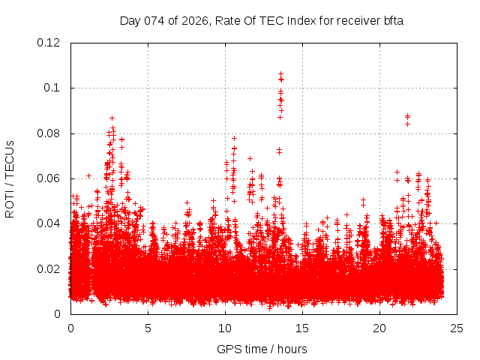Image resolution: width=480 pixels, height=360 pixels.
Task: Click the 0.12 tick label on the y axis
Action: point(49,43)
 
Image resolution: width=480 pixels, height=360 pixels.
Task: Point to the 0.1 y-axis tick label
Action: point(52,88)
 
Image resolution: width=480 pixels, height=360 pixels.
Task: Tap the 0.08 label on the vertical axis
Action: point(49,133)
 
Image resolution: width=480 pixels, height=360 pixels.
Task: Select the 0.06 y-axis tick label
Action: point(49,178)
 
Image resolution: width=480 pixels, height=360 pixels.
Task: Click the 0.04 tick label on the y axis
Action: point(49,223)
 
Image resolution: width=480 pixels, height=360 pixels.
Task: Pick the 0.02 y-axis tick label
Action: point(49,269)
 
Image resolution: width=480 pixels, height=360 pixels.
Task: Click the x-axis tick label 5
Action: point(148,328)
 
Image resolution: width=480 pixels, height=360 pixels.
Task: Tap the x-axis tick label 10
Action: point(225,328)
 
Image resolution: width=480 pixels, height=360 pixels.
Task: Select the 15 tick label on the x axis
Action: point(302,328)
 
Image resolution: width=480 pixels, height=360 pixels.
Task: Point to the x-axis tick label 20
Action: point(379,328)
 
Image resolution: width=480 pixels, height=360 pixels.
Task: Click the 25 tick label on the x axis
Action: point(457,328)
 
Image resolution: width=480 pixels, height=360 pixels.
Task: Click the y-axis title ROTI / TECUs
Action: point(10,178)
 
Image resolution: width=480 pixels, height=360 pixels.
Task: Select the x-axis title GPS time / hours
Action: point(262,349)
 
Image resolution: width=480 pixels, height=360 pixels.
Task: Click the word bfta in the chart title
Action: point(393,20)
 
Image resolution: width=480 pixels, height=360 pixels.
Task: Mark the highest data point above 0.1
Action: point(280,74)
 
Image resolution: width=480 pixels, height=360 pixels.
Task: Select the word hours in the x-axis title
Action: point(291,349)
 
